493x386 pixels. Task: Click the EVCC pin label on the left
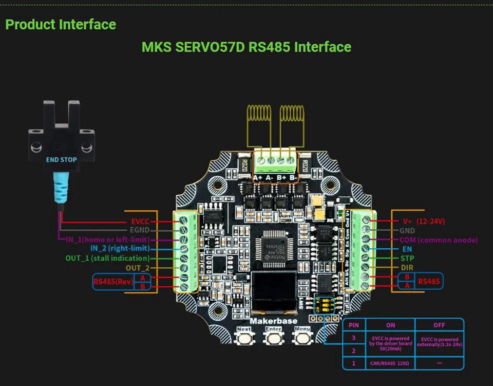140,222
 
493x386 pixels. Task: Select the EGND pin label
139,231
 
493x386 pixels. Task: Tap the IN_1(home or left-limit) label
107,240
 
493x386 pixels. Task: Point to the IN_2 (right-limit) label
120,249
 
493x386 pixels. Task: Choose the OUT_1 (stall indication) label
107,258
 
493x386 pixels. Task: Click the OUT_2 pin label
138,268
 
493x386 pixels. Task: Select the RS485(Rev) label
113,282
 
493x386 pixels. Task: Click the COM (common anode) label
439,240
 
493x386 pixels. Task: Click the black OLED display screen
274,292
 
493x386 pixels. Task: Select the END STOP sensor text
61,160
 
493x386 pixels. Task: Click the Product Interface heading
61,24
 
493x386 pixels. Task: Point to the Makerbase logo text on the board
273,321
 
